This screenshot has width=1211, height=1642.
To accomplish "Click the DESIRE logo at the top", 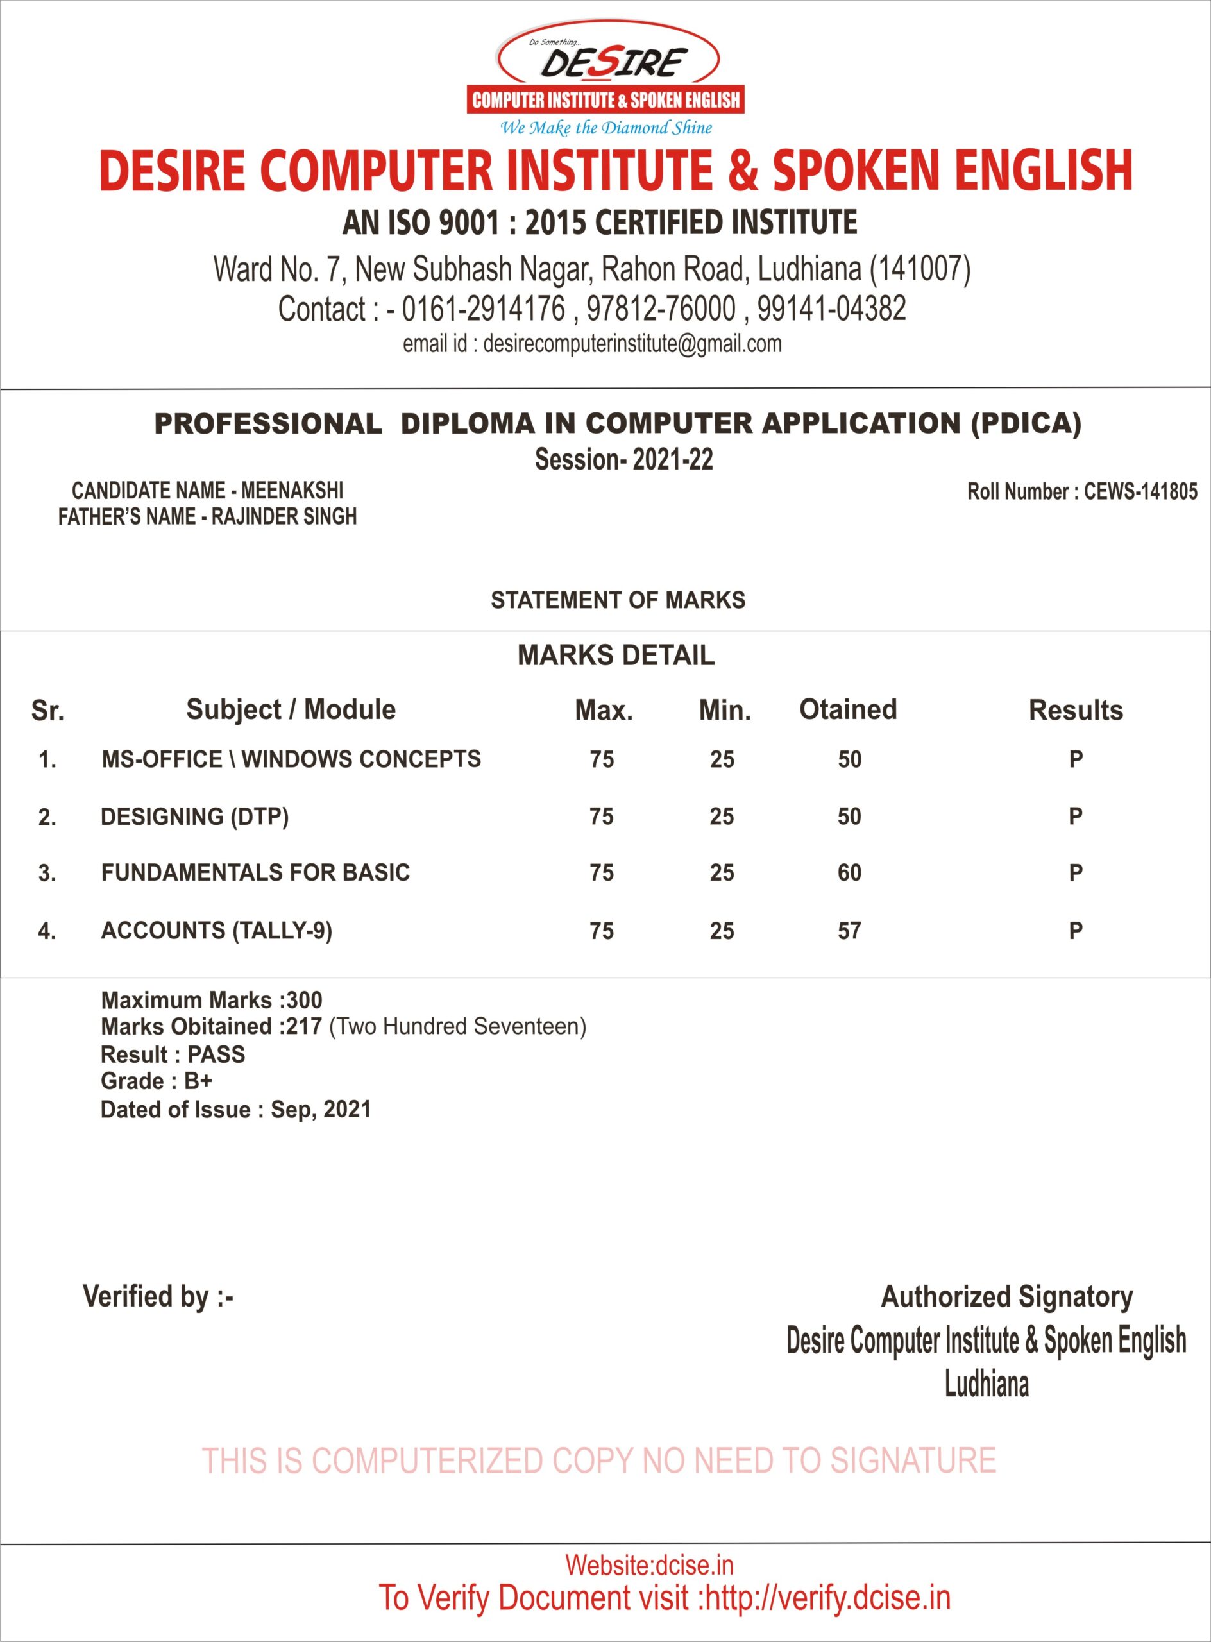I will [x=605, y=77].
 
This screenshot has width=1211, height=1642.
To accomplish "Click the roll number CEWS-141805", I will [x=1140, y=491].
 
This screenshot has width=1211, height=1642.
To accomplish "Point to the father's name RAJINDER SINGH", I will [x=284, y=517].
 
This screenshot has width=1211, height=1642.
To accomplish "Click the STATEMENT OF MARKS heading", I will [x=618, y=600].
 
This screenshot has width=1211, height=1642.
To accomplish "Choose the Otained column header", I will [x=848, y=709].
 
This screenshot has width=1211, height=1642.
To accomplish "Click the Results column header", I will [x=1076, y=710].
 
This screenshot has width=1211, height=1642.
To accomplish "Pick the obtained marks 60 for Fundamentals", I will [x=850, y=872].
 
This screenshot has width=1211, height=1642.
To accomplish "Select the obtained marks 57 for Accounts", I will [x=850, y=931].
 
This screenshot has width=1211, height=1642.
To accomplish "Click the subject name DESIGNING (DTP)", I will [x=194, y=817].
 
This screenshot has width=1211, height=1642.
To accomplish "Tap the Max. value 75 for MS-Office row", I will [x=602, y=759].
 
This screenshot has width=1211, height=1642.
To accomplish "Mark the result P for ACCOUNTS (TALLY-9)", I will [x=1076, y=931].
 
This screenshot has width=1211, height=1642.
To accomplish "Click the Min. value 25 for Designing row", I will [x=722, y=817].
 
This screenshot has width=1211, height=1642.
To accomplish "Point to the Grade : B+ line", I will [x=156, y=1081].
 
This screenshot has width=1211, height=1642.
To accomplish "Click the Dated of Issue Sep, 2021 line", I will [x=235, y=1110].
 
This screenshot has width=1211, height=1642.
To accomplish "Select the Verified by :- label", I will [x=158, y=1297].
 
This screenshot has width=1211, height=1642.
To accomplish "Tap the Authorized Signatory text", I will [x=1006, y=1297].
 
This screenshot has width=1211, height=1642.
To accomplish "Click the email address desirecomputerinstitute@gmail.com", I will [x=632, y=344].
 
